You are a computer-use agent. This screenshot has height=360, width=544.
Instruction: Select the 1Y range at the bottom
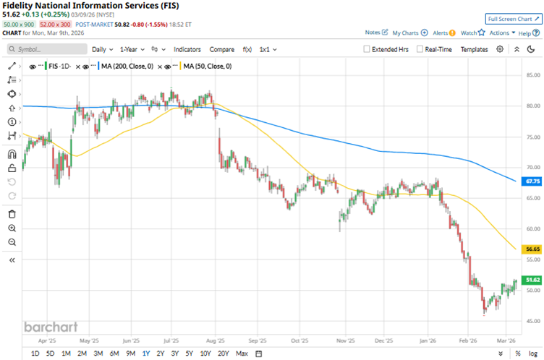[146, 353]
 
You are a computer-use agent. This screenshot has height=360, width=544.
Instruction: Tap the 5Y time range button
[190, 353]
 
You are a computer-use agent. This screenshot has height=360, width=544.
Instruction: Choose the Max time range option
[242, 353]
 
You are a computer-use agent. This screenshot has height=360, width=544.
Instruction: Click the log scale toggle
[532, 353]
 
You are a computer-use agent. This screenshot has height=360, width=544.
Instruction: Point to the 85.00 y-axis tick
[534, 75]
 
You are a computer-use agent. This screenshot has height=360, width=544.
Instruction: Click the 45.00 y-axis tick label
[534, 321]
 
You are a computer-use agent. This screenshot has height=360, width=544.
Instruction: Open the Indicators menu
[187, 49]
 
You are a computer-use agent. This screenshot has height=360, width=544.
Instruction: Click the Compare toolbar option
[221, 49]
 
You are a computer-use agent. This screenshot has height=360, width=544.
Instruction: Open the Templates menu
[474, 49]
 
